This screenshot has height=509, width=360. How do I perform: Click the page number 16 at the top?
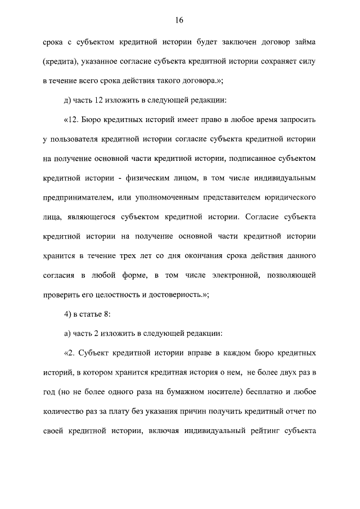[x=179, y=21]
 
